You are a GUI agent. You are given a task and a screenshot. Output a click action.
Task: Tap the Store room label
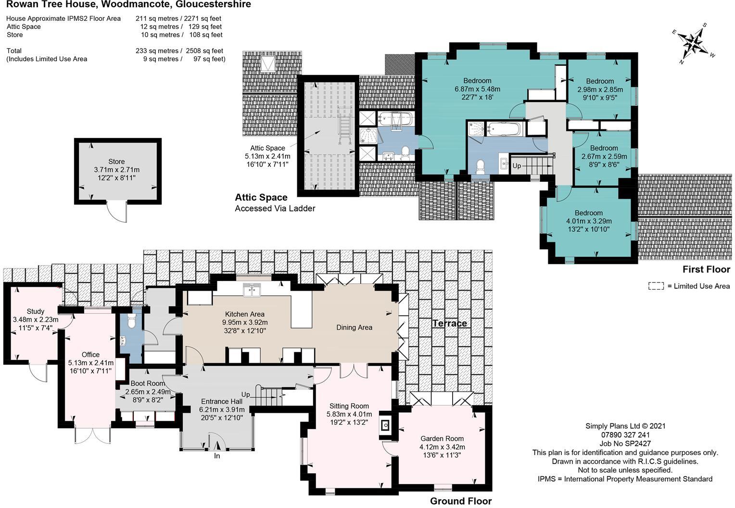[x=116, y=162]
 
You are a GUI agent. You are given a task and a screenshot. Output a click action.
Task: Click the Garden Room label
[x=442, y=438]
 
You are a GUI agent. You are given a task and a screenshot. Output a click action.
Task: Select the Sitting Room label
[x=349, y=406]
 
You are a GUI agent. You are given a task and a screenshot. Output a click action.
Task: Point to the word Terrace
[x=450, y=323]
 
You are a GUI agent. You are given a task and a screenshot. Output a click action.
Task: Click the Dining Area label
[x=354, y=327]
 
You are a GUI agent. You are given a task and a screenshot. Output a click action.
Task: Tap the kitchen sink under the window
[x=252, y=291]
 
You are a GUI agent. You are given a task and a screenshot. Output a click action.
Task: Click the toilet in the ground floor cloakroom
[x=131, y=321]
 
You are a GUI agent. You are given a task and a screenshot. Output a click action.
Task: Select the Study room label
[x=36, y=311]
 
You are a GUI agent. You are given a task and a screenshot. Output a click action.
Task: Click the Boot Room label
[x=148, y=383]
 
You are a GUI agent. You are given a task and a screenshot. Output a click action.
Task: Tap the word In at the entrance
[x=217, y=456]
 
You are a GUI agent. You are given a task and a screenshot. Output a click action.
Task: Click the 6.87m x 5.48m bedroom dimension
[x=478, y=89]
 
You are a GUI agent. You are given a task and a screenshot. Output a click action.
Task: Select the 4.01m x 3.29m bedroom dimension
[x=589, y=221]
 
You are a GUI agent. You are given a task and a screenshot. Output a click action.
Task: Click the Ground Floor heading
[x=461, y=501]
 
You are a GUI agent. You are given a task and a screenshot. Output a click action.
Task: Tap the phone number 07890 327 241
[x=625, y=435]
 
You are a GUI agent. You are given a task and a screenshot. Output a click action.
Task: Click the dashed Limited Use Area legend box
[x=656, y=286]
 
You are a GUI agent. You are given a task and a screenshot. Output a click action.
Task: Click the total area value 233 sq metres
[x=157, y=51]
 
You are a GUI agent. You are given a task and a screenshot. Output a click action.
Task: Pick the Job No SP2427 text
[x=625, y=444]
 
